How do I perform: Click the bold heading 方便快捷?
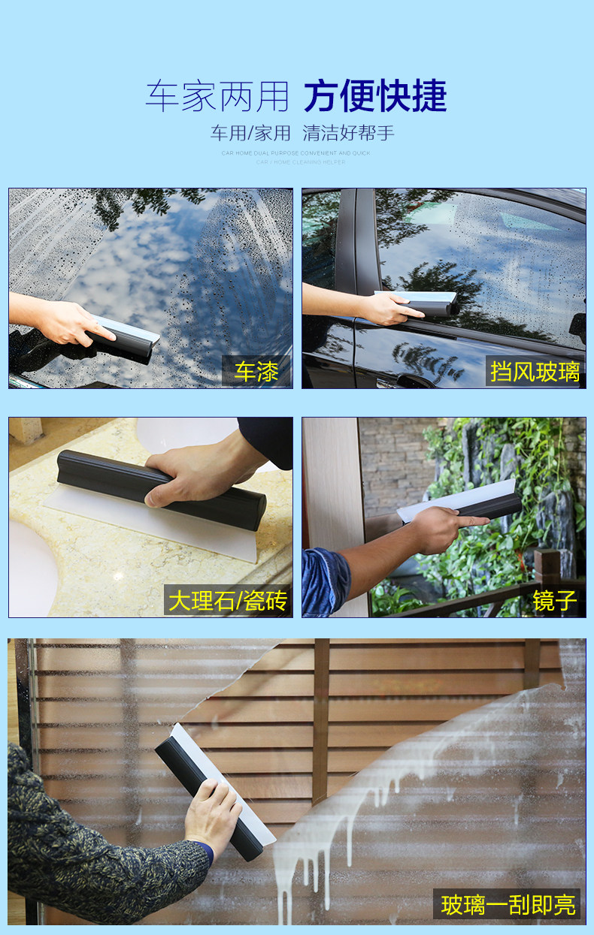(375, 97)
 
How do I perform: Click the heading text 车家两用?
(217, 97)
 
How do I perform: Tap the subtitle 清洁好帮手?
(348, 134)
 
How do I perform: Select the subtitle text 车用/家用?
(250, 134)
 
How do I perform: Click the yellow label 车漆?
(256, 372)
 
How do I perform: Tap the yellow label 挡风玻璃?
(535, 372)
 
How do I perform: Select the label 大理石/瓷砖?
(227, 601)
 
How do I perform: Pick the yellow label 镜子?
(554, 601)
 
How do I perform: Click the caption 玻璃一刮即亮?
(508, 904)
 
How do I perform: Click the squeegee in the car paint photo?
(124, 338)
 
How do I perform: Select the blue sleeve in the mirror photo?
(325, 582)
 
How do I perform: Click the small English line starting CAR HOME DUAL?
(295, 153)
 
